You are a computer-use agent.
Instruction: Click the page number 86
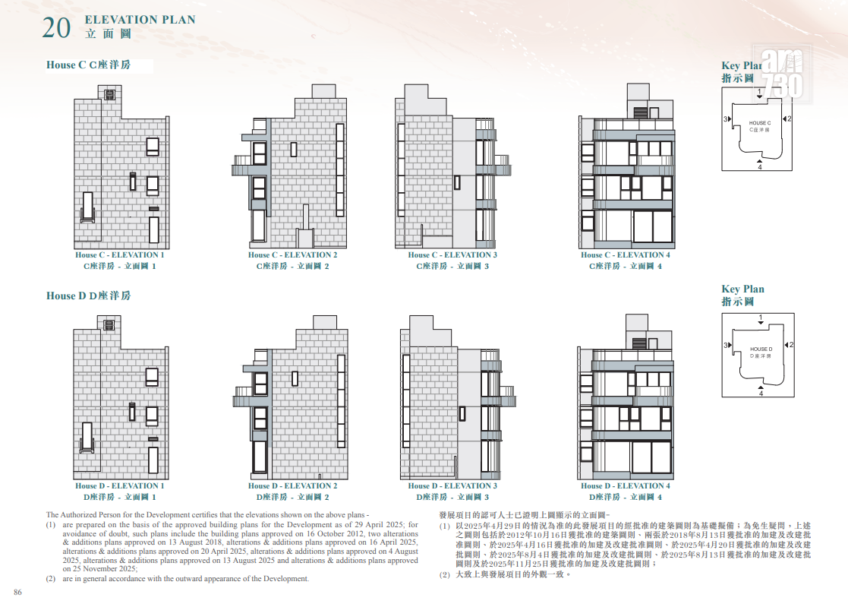(18, 593)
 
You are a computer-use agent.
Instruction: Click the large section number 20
(56, 28)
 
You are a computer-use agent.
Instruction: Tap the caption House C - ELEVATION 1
(119, 254)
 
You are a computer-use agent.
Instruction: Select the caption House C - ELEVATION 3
(452, 254)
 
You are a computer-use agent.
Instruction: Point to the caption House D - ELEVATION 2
(292, 485)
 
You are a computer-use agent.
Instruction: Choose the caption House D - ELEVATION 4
(626, 485)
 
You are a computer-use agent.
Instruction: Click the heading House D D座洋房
(88, 296)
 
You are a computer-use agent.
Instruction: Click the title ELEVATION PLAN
(140, 20)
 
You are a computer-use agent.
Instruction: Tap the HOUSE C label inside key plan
(760, 123)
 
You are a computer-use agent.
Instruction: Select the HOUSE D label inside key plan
(761, 349)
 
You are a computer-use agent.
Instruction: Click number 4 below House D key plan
(761, 394)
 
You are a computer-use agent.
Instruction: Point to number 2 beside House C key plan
(789, 119)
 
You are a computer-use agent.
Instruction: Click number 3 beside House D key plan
(726, 345)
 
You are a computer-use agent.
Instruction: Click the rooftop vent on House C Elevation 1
(110, 95)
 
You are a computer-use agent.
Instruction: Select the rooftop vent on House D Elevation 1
(109, 325)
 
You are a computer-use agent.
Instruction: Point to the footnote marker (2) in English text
(51, 578)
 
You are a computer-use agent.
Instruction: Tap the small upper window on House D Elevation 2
(295, 378)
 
